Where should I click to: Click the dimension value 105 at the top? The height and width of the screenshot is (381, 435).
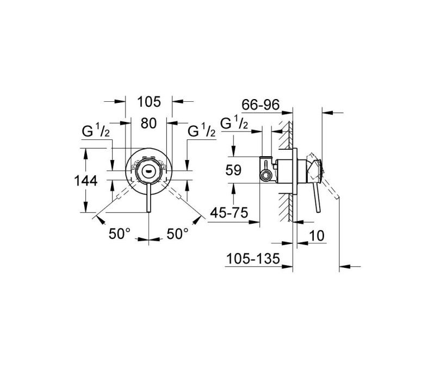point(149,102)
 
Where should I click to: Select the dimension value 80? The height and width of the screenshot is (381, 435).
point(148,123)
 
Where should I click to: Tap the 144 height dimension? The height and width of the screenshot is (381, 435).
point(86,181)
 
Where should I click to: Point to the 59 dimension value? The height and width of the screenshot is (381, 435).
point(233,170)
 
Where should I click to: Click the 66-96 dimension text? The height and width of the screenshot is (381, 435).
point(260,105)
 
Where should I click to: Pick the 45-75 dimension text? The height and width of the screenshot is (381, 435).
point(229,213)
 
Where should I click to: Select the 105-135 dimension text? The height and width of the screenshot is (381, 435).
point(253,259)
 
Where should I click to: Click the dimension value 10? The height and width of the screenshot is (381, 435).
point(316,236)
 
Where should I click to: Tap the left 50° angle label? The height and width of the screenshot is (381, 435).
point(120,234)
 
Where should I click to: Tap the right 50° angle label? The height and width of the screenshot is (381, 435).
point(178,234)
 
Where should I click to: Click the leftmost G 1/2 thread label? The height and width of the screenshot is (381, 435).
point(96,131)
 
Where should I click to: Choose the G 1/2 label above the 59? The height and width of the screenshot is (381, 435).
point(234,122)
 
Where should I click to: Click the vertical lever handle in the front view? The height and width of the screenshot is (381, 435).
point(148,198)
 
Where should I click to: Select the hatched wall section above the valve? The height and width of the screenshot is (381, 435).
point(285,136)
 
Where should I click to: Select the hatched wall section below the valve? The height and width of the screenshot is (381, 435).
point(285,207)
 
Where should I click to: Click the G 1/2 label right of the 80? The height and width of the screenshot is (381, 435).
point(201,131)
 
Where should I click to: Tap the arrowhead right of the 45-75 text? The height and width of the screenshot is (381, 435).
point(254,222)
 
